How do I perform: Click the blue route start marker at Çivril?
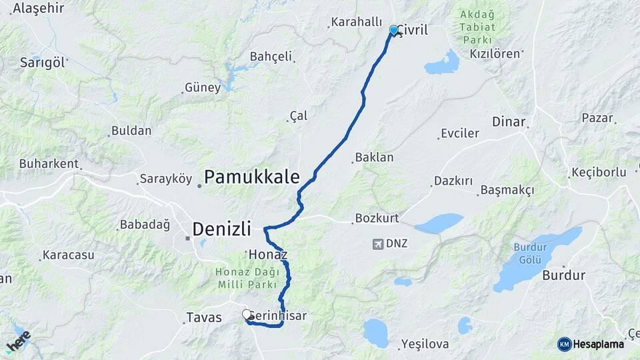coord(393,30)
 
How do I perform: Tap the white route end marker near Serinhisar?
coord(247,314)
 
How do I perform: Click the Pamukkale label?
coord(251,177)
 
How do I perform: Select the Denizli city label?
coord(221,229)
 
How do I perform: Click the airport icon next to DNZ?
coord(378,244)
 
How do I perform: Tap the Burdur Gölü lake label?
coord(529,252)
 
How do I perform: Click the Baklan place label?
coord(375,158)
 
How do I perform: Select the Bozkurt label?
coord(377,218)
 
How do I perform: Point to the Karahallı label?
coord(357,22)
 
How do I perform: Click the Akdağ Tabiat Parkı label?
coord(477,27)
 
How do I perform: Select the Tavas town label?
coord(204,317)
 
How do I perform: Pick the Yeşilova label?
coord(425,345)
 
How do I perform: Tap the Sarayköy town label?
coord(165,179)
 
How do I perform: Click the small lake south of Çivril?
coord(443,63)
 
